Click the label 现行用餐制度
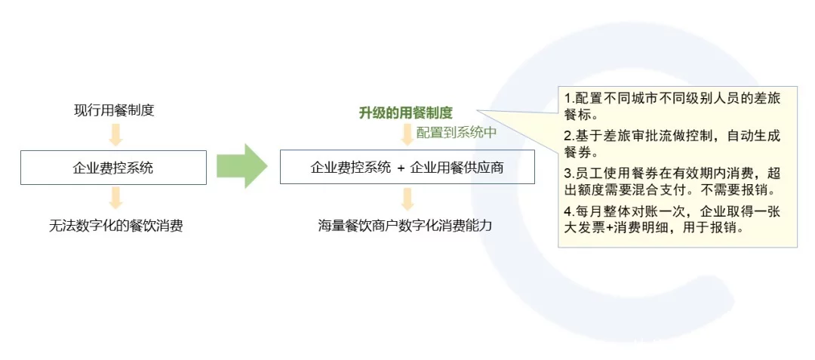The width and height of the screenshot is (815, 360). click(114, 111)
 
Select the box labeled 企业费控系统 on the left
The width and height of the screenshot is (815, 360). click(113, 168)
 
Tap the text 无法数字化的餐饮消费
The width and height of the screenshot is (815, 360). click(115, 226)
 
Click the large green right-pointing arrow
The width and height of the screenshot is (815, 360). click(241, 166)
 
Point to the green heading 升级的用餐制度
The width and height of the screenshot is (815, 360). click(406, 112)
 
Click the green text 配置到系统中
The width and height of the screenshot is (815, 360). click(457, 133)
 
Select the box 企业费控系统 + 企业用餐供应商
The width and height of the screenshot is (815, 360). click(407, 168)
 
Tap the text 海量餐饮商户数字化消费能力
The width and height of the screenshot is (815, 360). click(405, 226)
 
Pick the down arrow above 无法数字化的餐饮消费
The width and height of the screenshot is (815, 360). click(115, 198)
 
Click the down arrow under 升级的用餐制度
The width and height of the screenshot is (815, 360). click(407, 134)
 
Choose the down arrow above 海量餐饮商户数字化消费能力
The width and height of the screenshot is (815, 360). click(407, 198)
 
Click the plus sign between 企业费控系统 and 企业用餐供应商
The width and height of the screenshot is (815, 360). click(400, 169)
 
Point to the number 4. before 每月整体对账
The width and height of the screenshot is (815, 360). click(570, 214)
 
